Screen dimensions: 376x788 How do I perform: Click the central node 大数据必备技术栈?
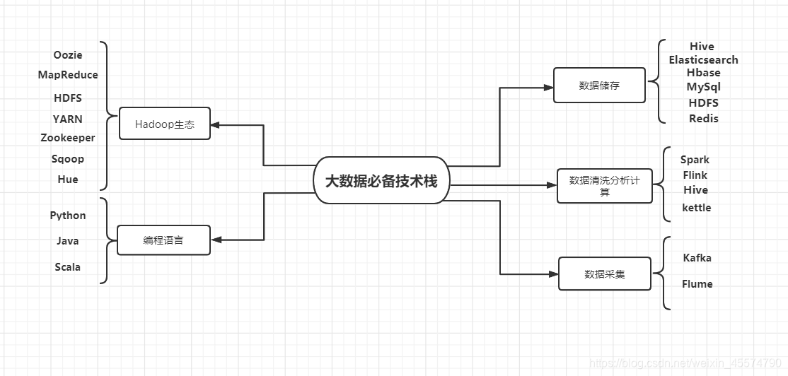point(381,180)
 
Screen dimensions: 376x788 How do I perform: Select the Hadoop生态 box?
point(164,124)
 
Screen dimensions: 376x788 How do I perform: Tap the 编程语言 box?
point(163,240)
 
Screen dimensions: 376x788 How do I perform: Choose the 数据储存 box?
point(598,86)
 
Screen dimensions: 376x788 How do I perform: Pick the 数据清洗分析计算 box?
point(604,186)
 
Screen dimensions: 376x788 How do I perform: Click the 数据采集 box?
point(604,274)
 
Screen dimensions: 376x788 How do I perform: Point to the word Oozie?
point(68,55)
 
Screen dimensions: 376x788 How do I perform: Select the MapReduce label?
point(68,75)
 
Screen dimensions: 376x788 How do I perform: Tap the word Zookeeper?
point(68,138)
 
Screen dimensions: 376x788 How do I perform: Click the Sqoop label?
point(68,159)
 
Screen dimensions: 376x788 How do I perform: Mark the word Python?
point(68,216)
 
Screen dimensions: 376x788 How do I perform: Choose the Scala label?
point(68,267)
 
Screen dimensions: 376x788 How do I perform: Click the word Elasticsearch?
point(703,60)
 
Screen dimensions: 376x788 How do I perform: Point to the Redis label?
point(703,119)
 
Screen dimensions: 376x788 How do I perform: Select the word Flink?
point(695,175)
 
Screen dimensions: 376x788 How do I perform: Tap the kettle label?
point(696,208)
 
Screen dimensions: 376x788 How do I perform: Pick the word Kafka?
point(697,258)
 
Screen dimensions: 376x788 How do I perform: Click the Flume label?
point(697,284)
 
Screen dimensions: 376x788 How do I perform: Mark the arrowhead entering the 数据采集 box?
point(553,274)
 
